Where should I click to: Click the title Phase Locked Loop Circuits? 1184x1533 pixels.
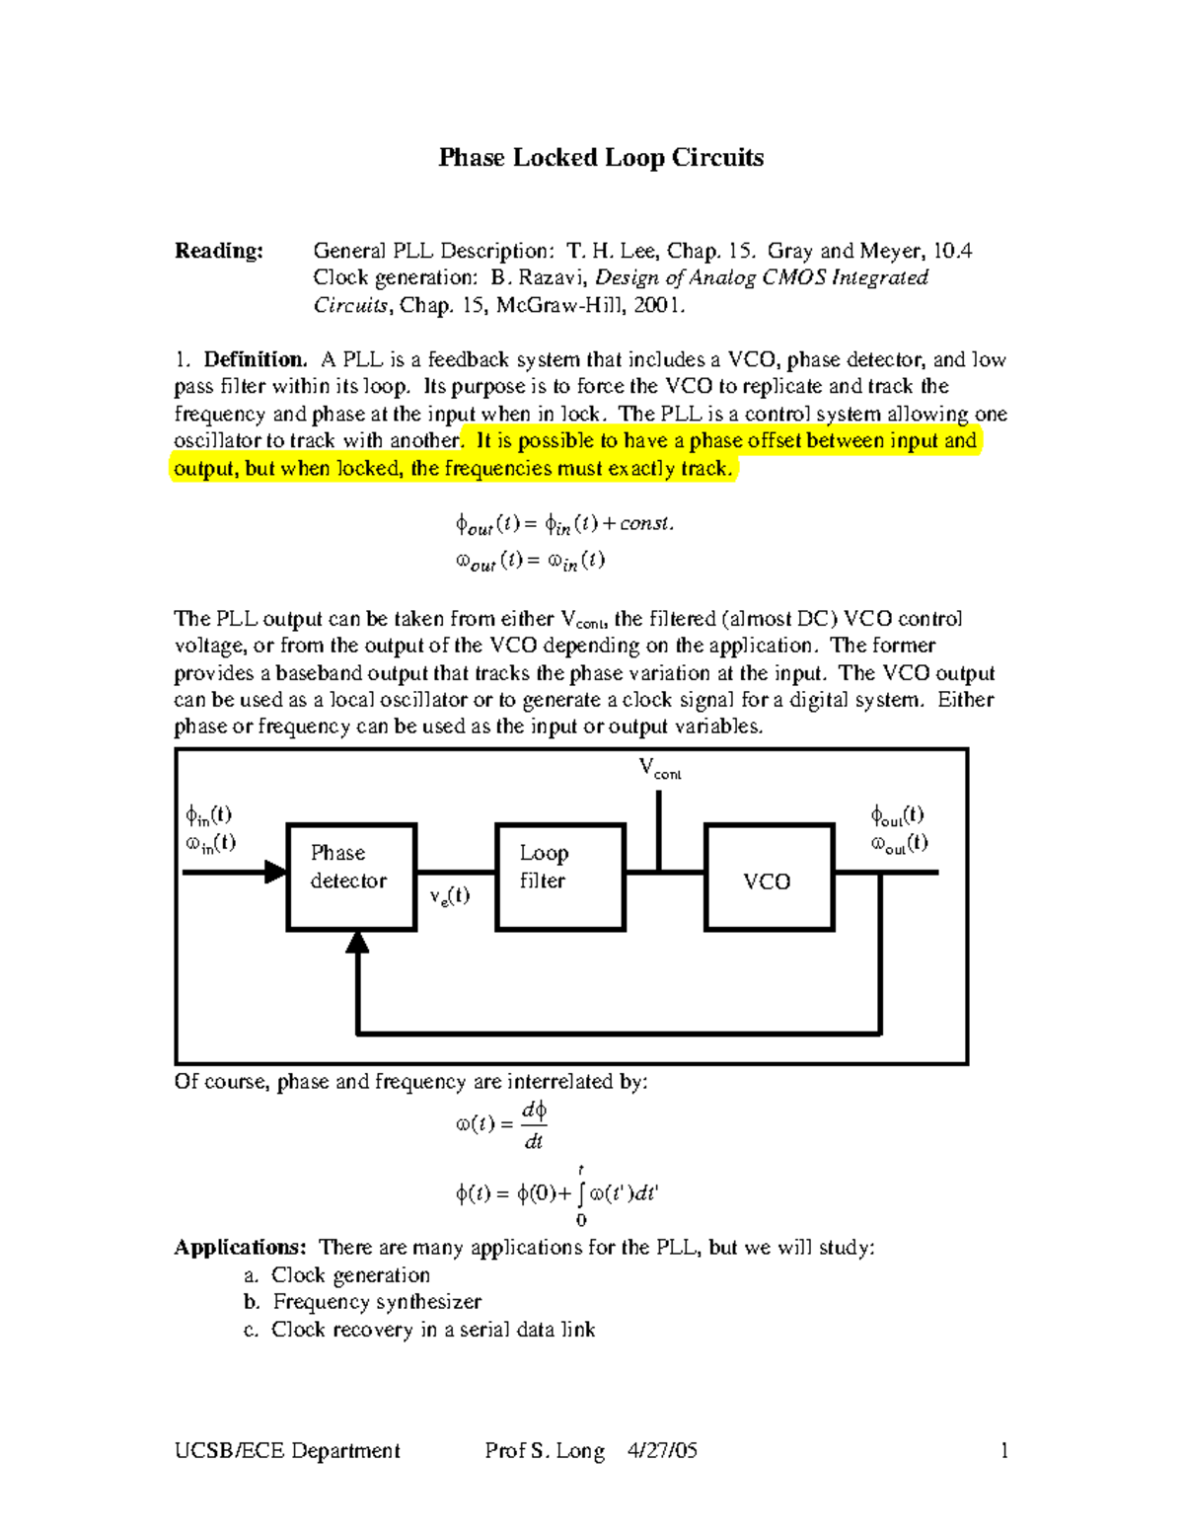601,158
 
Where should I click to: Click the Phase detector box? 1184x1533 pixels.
351,877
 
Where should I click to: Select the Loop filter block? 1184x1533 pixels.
560,877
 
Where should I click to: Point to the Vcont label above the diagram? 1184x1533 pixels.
659,768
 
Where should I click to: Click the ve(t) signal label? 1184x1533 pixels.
449,896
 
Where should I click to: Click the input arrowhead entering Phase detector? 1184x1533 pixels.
275,873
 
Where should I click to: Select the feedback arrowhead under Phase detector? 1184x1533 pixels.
357,942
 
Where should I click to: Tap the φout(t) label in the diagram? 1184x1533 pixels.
897,815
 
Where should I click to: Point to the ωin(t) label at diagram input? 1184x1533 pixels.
210,843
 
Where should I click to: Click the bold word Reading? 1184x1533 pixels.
219,251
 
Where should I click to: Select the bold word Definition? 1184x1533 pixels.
256,359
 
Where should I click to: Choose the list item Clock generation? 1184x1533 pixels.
350,1275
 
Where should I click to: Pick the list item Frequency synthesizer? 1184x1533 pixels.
377,1302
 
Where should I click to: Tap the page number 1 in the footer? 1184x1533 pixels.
1004,1450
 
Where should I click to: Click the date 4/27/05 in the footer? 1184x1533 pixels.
662,1450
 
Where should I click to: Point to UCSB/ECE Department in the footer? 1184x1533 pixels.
287,1450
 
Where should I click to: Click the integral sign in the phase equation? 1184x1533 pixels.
580,1194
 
